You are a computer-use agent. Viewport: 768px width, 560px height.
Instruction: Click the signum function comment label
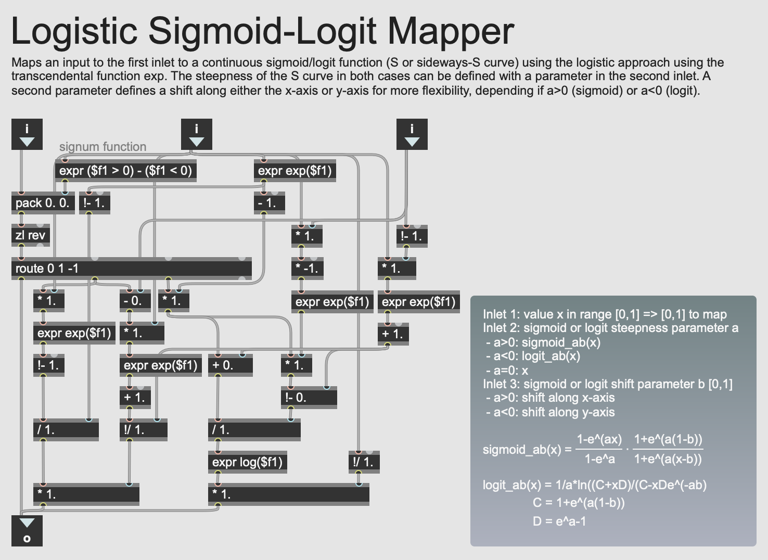coord(103,147)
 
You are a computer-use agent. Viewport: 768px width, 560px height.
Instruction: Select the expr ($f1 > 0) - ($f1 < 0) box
coord(125,171)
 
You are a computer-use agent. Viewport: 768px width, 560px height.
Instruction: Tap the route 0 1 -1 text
coord(47,269)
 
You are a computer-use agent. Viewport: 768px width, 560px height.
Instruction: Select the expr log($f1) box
coord(247,462)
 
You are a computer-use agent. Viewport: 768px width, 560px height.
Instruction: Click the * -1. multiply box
coord(307,269)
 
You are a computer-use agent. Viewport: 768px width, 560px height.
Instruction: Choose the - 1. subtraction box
coord(268,203)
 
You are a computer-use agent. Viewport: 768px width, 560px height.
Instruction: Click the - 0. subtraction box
coord(134,301)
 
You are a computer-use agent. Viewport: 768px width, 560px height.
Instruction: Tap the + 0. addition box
coord(229,365)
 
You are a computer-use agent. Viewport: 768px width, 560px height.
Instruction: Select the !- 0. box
coord(308,398)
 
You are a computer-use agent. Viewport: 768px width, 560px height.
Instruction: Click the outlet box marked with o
coord(27,531)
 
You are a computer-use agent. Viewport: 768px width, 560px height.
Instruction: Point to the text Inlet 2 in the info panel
coord(501,328)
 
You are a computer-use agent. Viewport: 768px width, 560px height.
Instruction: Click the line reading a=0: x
coord(507,371)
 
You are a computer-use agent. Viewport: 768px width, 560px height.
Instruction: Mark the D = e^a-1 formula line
coord(559,521)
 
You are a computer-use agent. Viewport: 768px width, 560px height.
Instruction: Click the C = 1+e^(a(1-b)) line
coord(579,503)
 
